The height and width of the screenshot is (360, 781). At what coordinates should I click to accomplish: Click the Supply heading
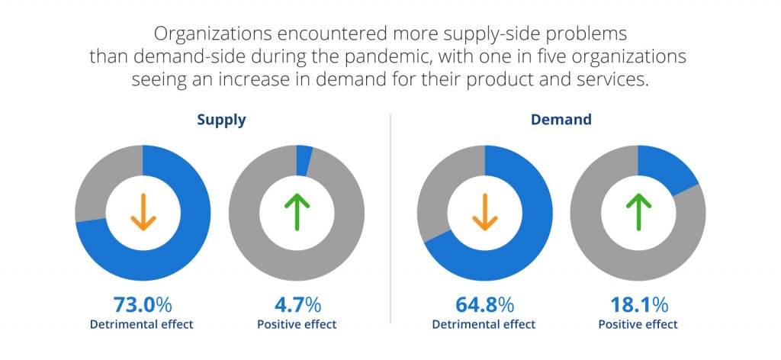coord(221,120)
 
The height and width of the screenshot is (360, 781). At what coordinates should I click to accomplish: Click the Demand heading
coord(561,120)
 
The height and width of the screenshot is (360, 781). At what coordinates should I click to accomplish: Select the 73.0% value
coord(142,305)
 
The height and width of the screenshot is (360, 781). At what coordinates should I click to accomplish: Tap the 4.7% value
coord(297,305)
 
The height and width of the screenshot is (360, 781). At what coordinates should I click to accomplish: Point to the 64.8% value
coord(484,305)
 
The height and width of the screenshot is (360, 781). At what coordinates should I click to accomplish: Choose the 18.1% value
coord(638,305)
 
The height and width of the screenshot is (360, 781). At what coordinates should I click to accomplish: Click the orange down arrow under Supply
coord(143,212)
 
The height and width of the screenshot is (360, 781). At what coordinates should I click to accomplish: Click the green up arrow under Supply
coord(297,212)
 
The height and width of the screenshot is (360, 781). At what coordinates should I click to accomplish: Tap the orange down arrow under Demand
coord(484,212)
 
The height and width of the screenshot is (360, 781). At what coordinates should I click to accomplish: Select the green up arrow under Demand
coord(638,212)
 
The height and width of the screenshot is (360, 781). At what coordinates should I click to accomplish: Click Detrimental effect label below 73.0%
coord(142,324)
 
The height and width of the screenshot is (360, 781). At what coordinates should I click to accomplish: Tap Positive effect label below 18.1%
coord(638,324)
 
